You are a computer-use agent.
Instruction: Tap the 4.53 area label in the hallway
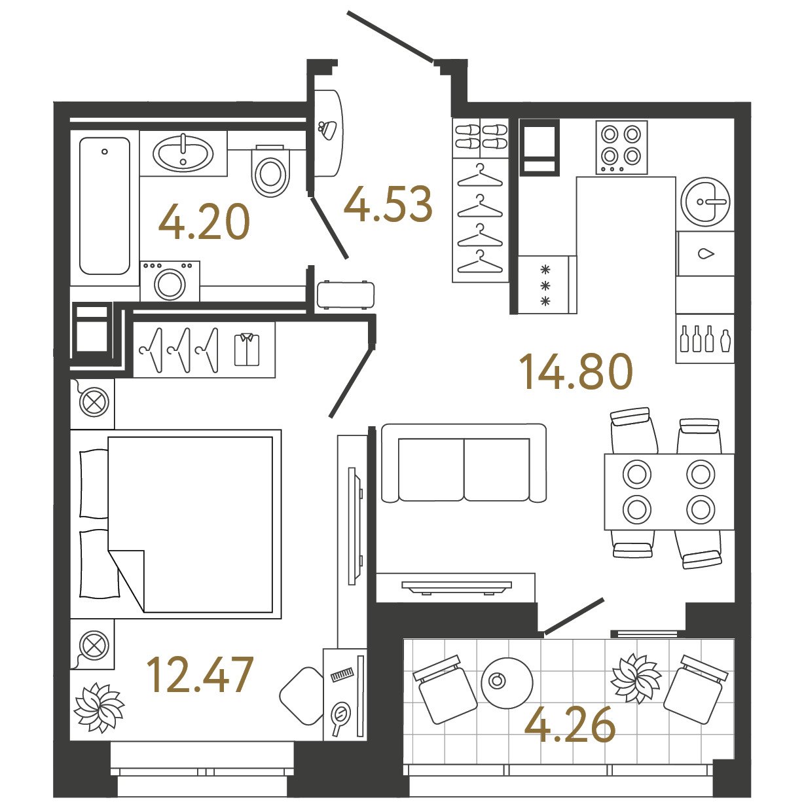(x=388, y=204)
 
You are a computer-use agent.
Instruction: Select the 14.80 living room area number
(x=576, y=371)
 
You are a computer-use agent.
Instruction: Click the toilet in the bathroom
(x=270, y=171)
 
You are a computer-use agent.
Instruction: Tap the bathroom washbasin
(x=183, y=153)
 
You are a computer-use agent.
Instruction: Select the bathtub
(x=105, y=206)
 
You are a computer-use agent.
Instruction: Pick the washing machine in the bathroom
(x=170, y=282)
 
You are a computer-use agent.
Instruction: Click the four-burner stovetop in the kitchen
(x=621, y=147)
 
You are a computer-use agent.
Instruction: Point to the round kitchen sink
(x=705, y=202)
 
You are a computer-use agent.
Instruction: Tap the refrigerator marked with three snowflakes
(x=547, y=285)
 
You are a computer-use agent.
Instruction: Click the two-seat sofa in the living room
(x=464, y=464)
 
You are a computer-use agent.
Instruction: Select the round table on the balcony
(x=507, y=683)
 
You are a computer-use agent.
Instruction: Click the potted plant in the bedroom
(x=100, y=708)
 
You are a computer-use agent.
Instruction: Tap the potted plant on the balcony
(x=636, y=678)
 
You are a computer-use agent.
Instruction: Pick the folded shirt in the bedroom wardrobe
(x=247, y=350)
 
